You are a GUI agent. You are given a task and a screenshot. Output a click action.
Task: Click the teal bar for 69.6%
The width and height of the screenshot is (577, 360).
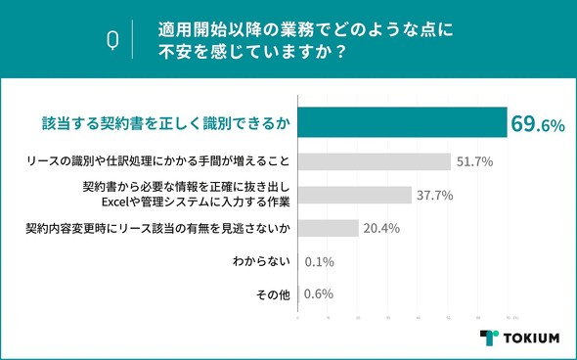click(401, 123)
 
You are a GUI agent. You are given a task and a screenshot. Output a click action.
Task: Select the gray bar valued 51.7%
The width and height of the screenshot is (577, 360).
click(374, 160)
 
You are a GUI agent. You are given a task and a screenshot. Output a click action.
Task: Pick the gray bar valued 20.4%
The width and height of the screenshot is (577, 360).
click(328, 228)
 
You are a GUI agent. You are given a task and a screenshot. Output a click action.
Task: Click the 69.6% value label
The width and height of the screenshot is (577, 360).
click(537, 124)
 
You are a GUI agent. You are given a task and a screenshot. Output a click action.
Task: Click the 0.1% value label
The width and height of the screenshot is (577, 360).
click(321, 263)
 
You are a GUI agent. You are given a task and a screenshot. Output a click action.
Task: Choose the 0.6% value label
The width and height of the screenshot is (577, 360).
click(321, 293)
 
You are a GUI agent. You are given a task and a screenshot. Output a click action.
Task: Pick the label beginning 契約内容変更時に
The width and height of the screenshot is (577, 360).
click(157, 228)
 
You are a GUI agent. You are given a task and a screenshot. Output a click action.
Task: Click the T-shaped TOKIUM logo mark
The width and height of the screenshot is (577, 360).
click(489, 337)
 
